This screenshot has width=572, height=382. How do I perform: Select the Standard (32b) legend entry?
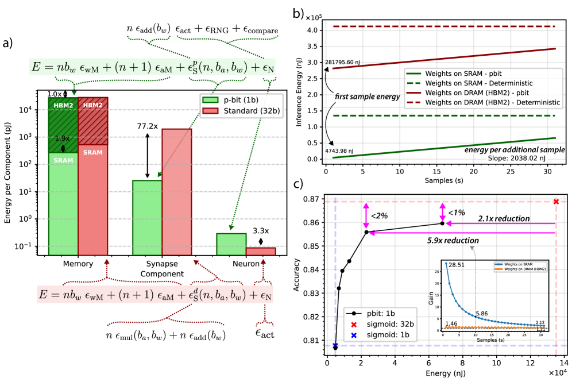(241, 110)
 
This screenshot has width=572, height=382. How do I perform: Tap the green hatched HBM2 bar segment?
(63, 124)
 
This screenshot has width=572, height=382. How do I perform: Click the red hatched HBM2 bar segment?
(92, 121)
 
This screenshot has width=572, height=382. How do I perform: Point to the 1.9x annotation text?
(63, 138)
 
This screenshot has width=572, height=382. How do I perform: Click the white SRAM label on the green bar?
(63, 160)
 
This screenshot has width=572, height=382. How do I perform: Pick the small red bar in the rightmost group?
(261, 251)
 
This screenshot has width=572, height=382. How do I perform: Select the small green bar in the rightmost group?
(231, 244)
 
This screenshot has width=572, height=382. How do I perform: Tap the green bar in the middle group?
(147, 217)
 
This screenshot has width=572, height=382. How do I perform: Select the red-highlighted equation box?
(154, 294)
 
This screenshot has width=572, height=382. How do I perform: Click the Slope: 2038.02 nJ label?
(516, 158)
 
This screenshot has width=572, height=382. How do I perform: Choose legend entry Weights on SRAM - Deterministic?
(479, 83)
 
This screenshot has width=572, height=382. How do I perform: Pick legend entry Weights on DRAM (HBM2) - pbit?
(477, 92)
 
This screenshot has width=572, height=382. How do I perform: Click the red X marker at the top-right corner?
(555, 202)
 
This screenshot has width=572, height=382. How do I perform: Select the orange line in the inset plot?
(494, 327)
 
